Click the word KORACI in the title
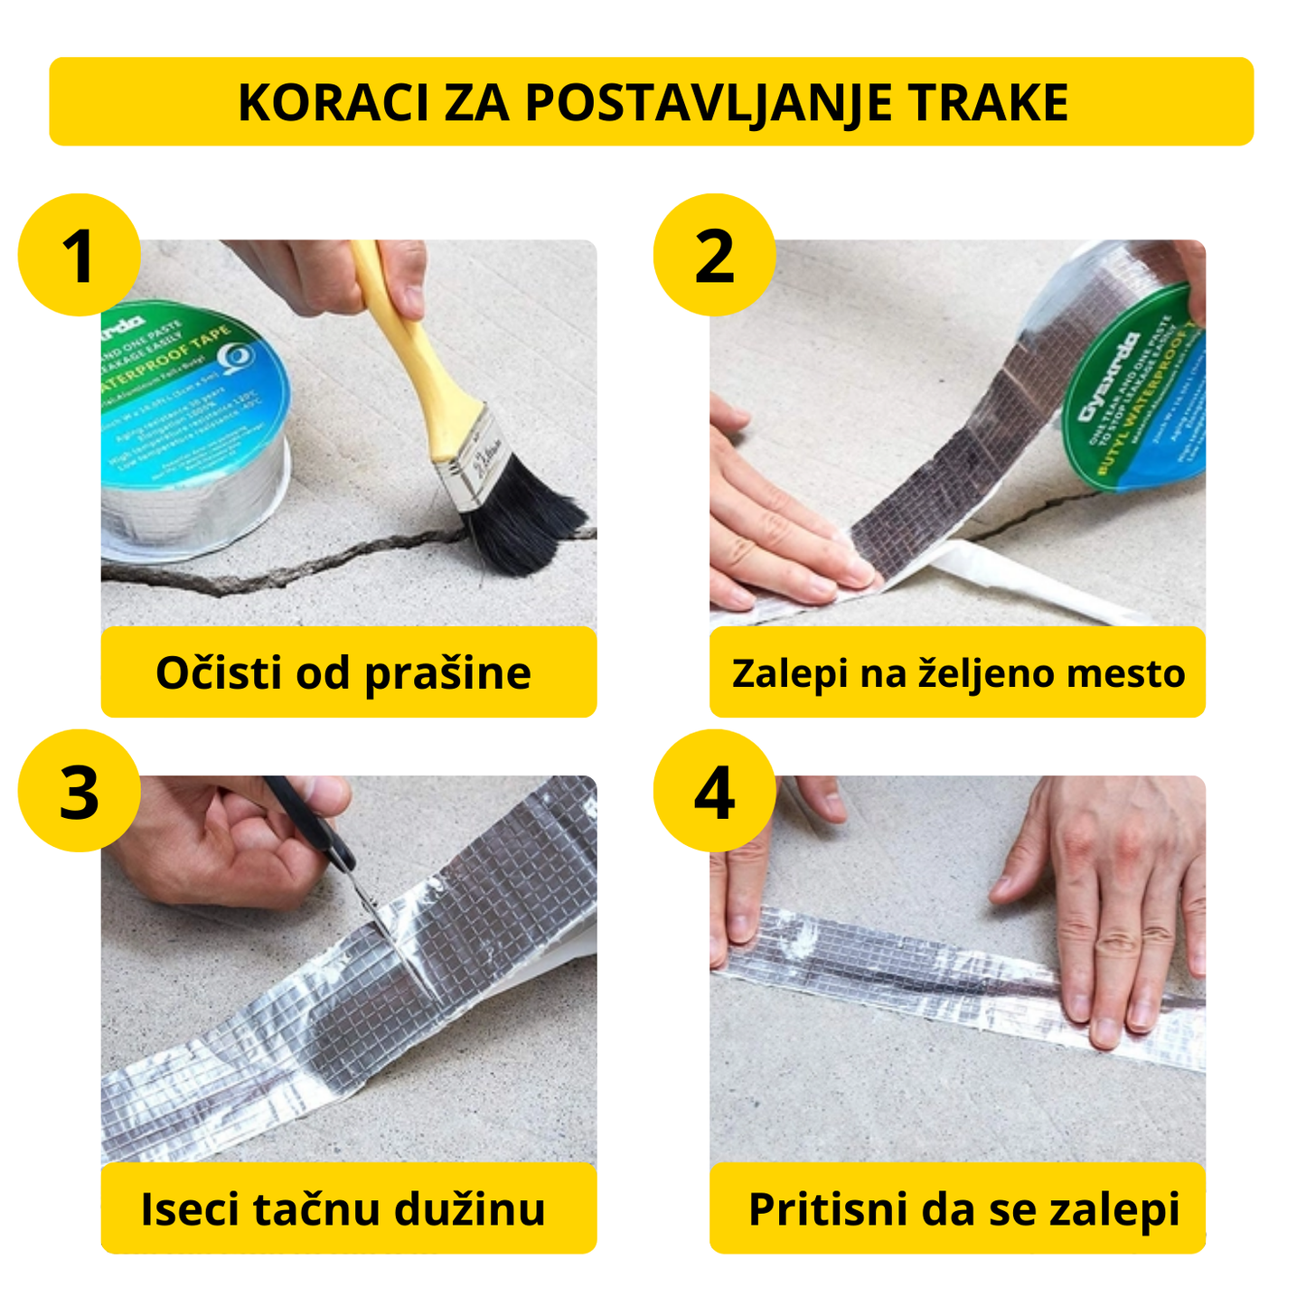click(x=334, y=102)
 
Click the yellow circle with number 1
click(x=80, y=255)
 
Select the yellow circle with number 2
click(x=714, y=255)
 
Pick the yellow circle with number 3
click(x=80, y=791)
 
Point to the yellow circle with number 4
click(x=714, y=791)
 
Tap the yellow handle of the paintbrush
click(x=407, y=352)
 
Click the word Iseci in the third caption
click(x=189, y=1209)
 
